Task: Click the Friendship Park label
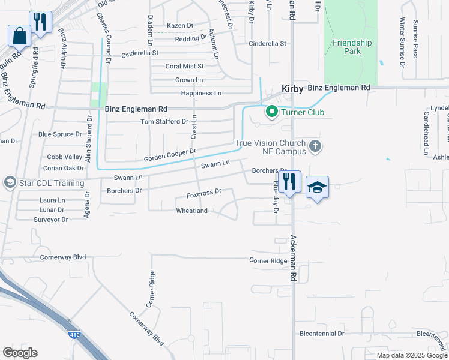(x=352, y=47)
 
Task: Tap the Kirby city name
(x=292, y=88)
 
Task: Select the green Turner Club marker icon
(x=271, y=112)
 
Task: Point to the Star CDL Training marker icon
(x=10, y=181)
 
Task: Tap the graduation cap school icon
(x=318, y=188)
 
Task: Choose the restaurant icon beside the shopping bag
(x=40, y=22)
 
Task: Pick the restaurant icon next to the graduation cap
(x=289, y=181)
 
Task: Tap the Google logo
(x=20, y=353)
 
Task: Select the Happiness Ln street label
(x=201, y=94)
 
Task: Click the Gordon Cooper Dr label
(x=170, y=155)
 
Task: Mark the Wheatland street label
(x=191, y=211)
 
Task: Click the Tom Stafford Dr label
(x=164, y=122)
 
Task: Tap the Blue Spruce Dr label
(x=60, y=134)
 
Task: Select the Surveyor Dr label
(x=52, y=220)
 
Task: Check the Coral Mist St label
(x=185, y=67)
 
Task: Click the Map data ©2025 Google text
(x=412, y=355)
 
